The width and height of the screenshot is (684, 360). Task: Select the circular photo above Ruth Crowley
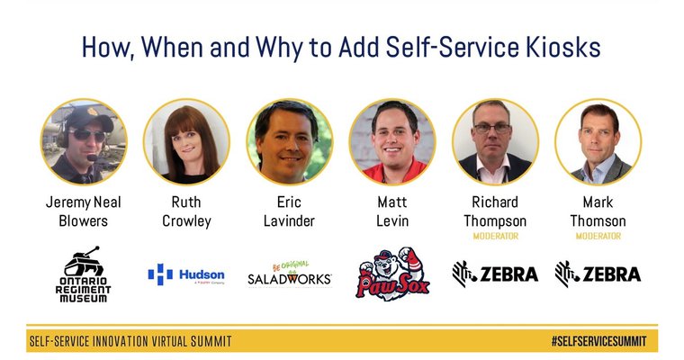(186, 141)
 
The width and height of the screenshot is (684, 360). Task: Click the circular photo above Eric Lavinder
(289, 141)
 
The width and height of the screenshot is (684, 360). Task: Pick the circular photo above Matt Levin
(392, 141)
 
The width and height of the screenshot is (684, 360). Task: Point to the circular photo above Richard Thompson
(495, 141)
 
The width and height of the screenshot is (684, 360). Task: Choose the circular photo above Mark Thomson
(598, 141)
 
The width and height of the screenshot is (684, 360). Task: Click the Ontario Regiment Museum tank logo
(84, 274)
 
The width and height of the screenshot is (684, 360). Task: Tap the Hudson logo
(186, 274)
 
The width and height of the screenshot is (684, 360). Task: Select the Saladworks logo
(289, 274)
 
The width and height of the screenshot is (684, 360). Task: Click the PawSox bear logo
(392, 274)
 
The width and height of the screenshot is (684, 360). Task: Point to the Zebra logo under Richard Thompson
(495, 274)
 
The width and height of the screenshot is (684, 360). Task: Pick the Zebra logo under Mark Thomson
(598, 274)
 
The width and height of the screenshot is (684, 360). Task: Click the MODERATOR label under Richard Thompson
(495, 237)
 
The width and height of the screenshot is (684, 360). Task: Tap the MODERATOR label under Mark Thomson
(598, 237)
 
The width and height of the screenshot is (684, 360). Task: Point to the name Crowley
(186, 220)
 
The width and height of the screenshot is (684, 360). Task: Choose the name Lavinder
(289, 220)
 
